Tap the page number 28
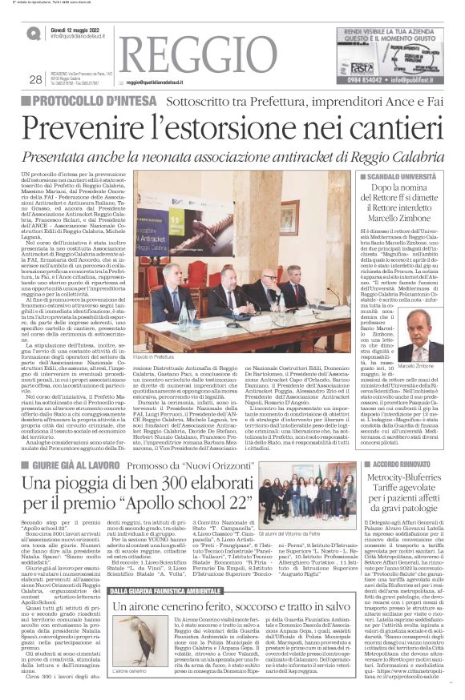point(34,79)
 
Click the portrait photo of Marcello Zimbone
point(420,334)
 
